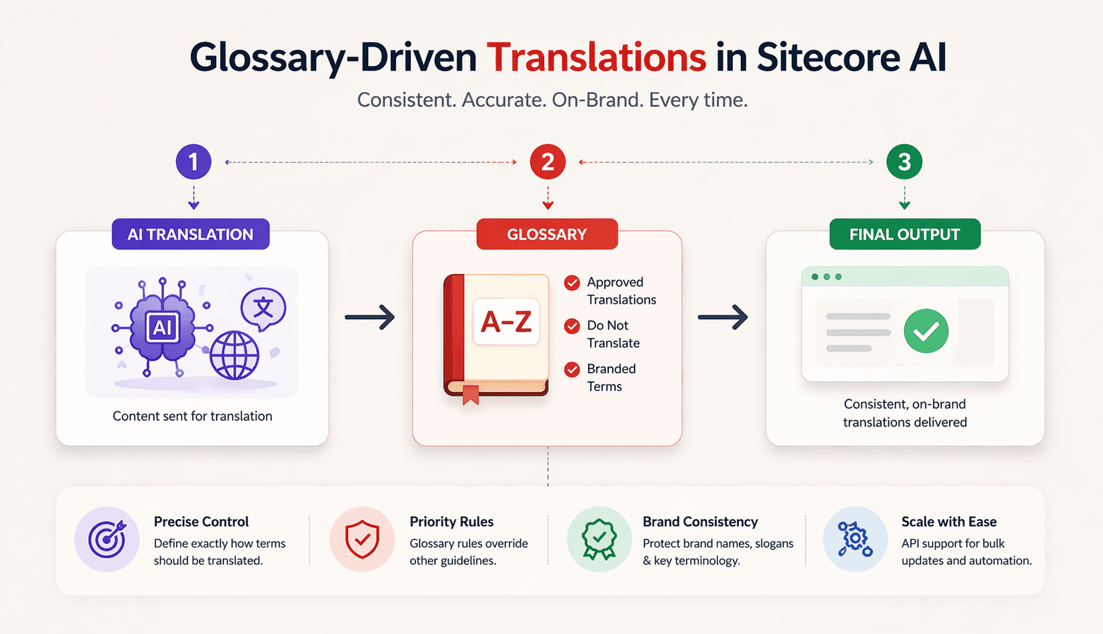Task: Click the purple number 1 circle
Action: (193, 162)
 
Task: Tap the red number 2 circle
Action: (547, 162)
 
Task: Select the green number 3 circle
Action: (904, 162)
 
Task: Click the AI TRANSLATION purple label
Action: (191, 235)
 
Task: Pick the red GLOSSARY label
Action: (547, 235)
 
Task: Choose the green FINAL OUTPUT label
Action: (904, 235)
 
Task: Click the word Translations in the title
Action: (596, 57)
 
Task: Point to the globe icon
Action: (234, 355)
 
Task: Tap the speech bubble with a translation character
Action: (263, 308)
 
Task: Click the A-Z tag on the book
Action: (506, 322)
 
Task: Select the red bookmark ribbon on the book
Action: (471, 395)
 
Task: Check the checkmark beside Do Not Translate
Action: (572, 326)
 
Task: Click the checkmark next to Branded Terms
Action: (572, 369)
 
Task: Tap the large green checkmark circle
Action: (926, 331)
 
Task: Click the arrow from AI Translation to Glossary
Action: (370, 317)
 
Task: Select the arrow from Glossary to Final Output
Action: (723, 317)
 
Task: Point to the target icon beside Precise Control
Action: (107, 539)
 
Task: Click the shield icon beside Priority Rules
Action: (362, 539)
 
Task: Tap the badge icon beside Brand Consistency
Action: (599, 539)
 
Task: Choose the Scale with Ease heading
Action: (949, 522)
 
